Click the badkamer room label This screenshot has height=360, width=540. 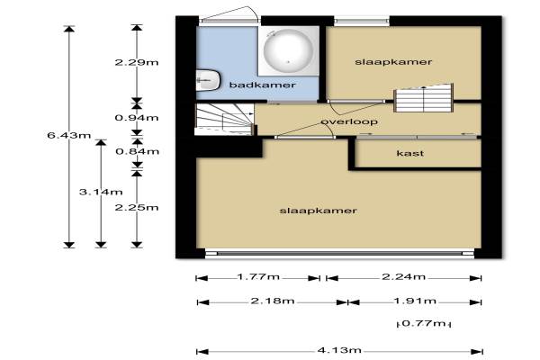262,85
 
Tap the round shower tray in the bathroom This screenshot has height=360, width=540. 289,51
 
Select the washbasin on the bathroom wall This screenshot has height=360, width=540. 208,80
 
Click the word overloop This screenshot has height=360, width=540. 349,121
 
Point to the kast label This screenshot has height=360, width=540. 409,153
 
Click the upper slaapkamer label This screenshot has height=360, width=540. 393,62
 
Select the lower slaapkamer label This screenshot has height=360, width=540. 318,211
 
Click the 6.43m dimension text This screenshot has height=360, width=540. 69,135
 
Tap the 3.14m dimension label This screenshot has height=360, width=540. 101,192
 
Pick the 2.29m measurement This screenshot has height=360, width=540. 137,62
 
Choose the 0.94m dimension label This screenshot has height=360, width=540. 137,118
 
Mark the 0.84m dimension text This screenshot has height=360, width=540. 137,151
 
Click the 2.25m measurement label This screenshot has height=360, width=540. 137,207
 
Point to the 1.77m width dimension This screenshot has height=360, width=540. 258,276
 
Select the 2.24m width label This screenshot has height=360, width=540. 403,276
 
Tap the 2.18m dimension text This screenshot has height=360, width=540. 273,301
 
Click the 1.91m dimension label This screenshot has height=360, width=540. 415,301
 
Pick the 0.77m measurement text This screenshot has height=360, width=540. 424,323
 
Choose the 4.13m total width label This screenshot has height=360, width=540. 339,350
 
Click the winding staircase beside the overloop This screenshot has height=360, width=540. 225,119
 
